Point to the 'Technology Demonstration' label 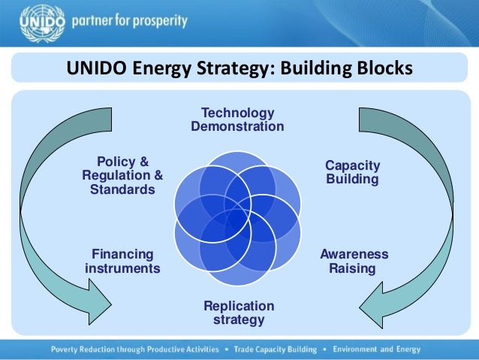point(237,119)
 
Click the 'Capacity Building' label point(352,173)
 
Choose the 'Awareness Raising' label point(354,262)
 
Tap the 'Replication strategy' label point(239,313)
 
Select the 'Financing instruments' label point(122,262)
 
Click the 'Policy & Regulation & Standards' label point(122,176)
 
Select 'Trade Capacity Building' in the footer point(273,349)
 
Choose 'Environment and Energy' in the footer point(376,349)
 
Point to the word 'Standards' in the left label point(122,189)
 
